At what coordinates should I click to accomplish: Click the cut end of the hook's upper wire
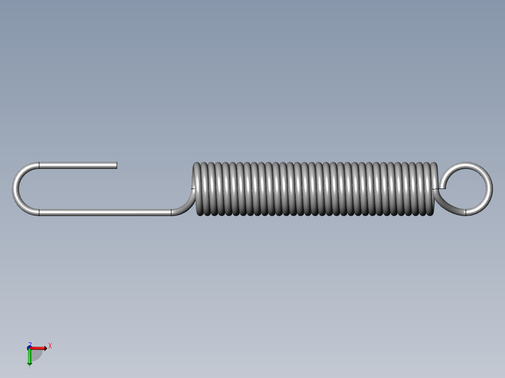coord(116,165)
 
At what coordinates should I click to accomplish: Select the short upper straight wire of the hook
coord(77,165)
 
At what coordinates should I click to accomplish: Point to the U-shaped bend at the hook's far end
coord(16,189)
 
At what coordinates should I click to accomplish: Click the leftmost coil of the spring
coord(197,189)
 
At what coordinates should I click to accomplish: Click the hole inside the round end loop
coord(465,189)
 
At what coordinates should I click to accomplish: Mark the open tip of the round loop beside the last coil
coord(442,188)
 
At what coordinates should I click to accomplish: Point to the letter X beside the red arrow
coord(50,346)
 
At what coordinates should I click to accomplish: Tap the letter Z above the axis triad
coord(30,343)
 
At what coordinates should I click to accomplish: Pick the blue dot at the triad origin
coord(29,348)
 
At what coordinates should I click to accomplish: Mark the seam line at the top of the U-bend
coord(39,165)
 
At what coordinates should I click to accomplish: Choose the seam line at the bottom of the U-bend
coord(39,212)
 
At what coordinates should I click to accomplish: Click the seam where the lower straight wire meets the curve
coord(171,212)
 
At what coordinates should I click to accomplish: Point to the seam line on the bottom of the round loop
coord(466,212)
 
